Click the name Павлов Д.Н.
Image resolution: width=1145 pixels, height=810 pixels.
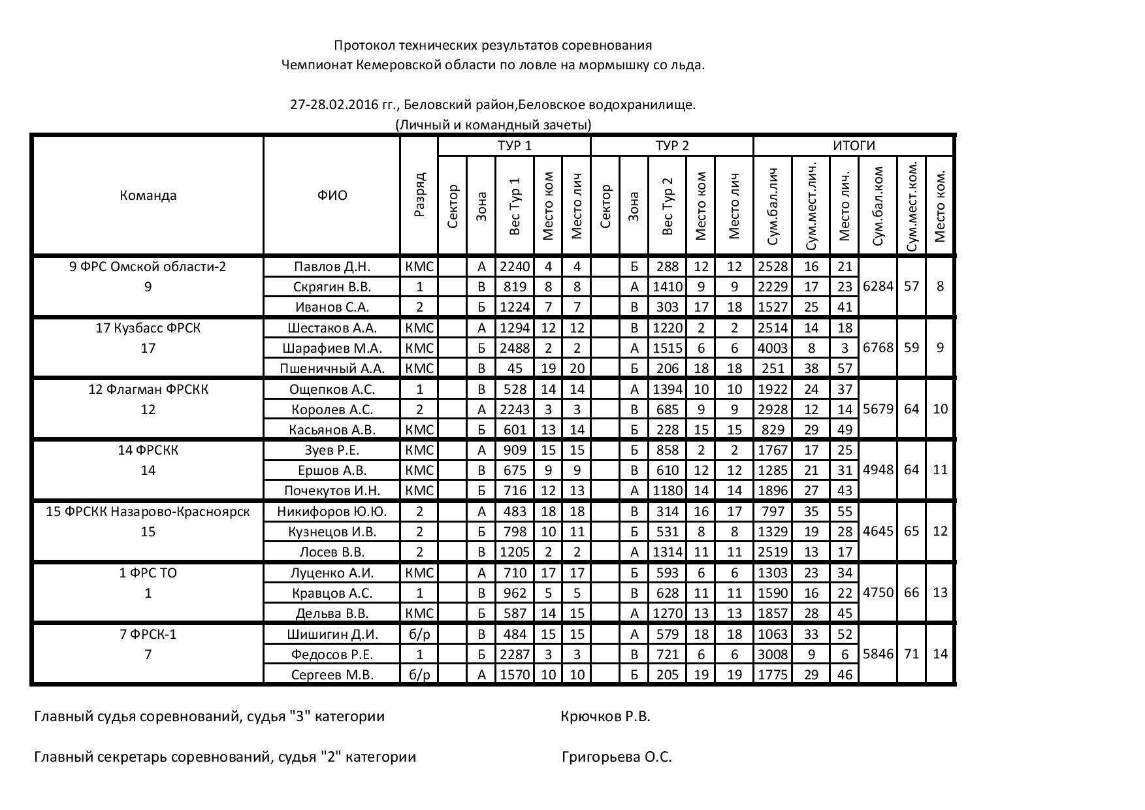tap(332, 267)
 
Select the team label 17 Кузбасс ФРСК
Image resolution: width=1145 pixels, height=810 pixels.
tap(148, 328)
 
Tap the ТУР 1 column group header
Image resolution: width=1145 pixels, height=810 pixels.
tap(514, 146)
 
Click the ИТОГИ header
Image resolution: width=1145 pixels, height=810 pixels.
tap(853, 146)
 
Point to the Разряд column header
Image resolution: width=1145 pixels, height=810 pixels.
tap(419, 195)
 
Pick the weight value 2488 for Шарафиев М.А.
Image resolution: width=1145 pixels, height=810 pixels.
tap(515, 348)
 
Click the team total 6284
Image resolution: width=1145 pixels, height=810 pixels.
tap(877, 286)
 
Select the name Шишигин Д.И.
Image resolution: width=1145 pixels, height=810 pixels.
tap(332, 634)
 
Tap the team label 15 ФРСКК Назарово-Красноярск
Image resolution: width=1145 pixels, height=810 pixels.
tap(148, 511)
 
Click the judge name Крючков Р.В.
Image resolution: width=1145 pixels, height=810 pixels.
tap(605, 717)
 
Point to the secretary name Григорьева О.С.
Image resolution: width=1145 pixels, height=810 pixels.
tap(617, 757)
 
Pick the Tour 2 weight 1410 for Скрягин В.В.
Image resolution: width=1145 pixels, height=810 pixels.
tap(667, 287)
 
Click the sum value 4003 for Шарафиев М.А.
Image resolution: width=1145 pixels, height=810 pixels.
tap(773, 348)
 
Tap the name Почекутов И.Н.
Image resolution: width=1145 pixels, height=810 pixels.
tap(332, 491)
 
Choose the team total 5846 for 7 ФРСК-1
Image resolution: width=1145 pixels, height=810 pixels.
tap(877, 654)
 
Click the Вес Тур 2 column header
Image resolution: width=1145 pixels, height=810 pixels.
tap(667, 205)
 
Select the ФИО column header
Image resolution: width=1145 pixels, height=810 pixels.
tap(332, 195)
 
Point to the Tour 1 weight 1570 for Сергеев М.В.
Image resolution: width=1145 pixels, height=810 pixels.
tap(515, 675)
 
